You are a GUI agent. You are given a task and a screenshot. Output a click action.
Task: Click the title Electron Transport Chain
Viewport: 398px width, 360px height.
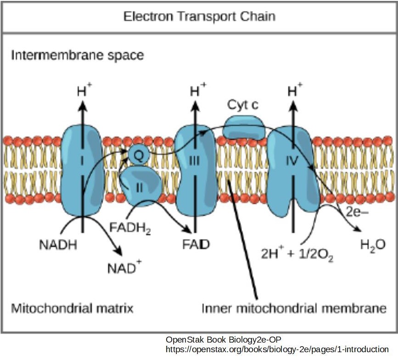pos(199,17)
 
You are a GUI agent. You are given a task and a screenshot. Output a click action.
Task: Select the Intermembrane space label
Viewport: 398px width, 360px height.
pos(77,56)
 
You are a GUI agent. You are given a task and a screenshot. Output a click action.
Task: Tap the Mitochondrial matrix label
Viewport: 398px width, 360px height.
pos(72,308)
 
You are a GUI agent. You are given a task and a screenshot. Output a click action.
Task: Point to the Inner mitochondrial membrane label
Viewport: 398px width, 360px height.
pos(294,308)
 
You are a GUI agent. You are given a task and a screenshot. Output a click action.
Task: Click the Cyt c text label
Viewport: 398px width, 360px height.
pos(243,105)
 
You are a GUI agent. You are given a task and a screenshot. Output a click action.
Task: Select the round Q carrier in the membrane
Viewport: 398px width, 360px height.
pos(138,155)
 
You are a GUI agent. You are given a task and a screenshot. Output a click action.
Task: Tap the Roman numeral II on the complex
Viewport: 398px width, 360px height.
pos(140,187)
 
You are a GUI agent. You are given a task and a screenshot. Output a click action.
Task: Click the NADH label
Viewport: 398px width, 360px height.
pos(57,245)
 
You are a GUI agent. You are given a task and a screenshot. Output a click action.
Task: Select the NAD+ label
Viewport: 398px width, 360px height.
pos(124,267)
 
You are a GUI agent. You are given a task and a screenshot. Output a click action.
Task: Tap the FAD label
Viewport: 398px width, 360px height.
pos(196,245)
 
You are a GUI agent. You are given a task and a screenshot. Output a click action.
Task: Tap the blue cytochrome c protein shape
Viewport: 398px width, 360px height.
pos(244,127)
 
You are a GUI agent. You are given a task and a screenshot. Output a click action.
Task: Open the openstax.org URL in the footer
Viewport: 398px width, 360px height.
pos(277,349)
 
